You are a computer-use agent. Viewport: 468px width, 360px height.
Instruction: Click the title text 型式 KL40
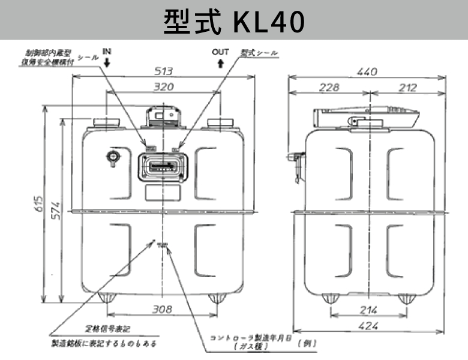point(234,21)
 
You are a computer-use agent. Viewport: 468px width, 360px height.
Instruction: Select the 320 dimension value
point(164,87)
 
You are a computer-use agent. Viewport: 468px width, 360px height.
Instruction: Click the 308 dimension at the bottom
point(162,310)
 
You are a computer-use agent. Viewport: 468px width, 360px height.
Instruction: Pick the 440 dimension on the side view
point(367,72)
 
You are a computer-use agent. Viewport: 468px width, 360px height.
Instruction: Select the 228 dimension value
point(329,88)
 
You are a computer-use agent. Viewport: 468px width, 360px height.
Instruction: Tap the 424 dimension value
point(368,328)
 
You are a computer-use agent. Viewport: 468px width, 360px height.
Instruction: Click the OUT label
point(221,52)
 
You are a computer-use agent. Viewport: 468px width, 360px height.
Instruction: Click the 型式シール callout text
point(259,53)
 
